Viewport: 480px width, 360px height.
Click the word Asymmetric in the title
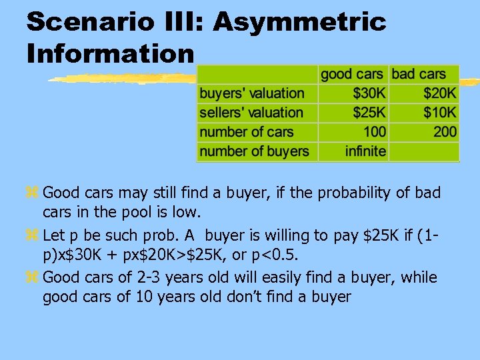pos(299,22)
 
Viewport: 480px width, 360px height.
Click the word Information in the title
pos(111,53)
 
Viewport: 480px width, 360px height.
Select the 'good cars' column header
pos(352,74)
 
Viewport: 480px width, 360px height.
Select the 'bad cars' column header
pos(424,74)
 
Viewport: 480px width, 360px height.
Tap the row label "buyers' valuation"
pos(251,93)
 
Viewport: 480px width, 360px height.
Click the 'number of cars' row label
pos(246,132)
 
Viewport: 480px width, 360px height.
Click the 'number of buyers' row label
pos(254,151)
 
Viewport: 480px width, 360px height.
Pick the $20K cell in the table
pos(440,93)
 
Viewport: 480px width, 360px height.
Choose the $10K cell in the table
pos(440,113)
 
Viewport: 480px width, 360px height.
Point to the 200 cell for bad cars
pos(445,132)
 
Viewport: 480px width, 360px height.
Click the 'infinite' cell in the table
pos(365,151)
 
